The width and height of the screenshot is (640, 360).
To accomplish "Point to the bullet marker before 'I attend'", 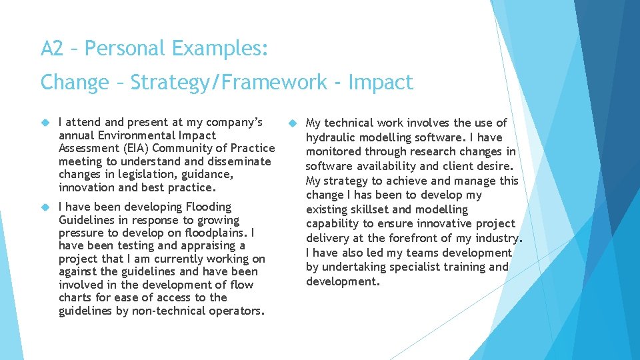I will tap(45, 123).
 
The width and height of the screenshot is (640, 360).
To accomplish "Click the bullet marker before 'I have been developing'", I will tap(45, 207).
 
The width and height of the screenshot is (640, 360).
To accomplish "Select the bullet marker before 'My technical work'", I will tap(292, 123).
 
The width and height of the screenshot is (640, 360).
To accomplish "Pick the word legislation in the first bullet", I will tap(139, 174).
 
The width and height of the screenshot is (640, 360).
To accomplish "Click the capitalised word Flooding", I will tap(209, 207).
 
